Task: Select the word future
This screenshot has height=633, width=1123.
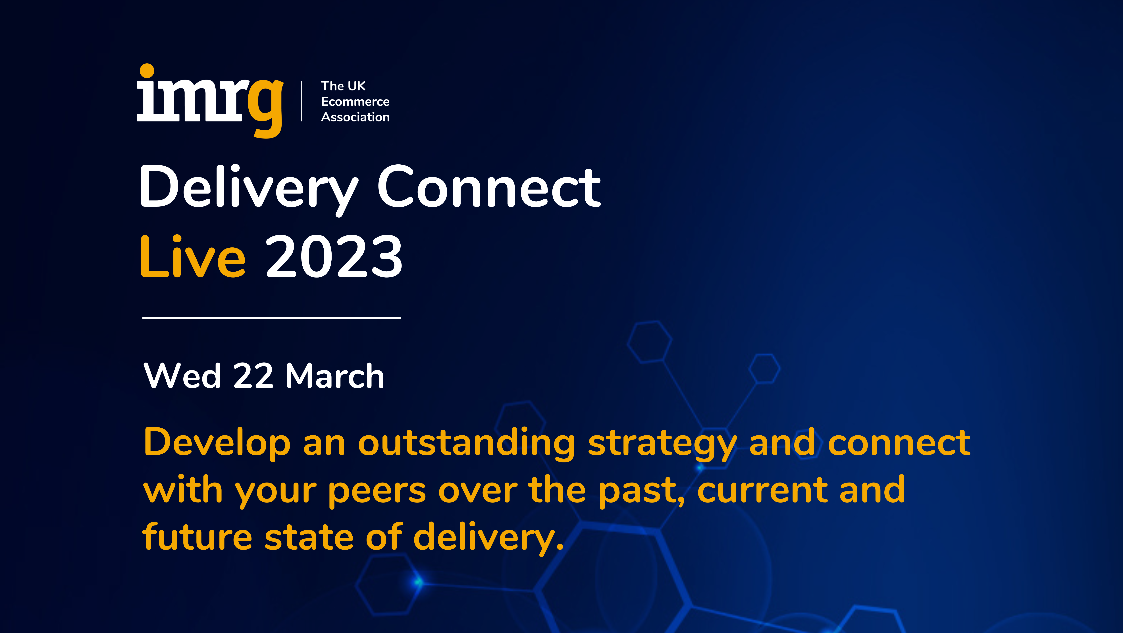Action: pyautogui.click(x=197, y=537)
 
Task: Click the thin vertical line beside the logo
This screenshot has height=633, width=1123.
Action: pyautogui.click(x=301, y=101)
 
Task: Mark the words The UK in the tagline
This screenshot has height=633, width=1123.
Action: pyautogui.click(x=343, y=86)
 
